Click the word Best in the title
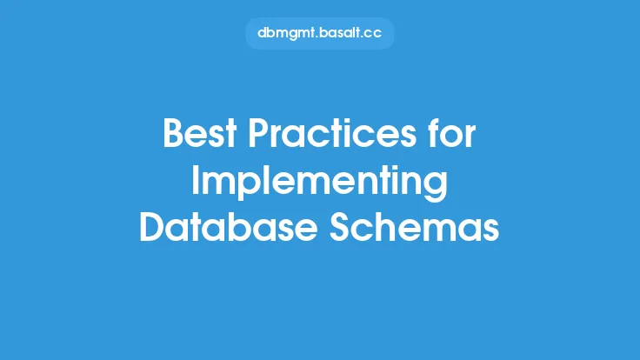[200, 133]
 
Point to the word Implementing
[320, 183]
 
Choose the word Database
[229, 227]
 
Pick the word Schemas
[414, 227]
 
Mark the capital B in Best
[174, 133]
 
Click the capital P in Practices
[259, 133]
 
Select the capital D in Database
[153, 227]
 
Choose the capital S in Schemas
[340, 227]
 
